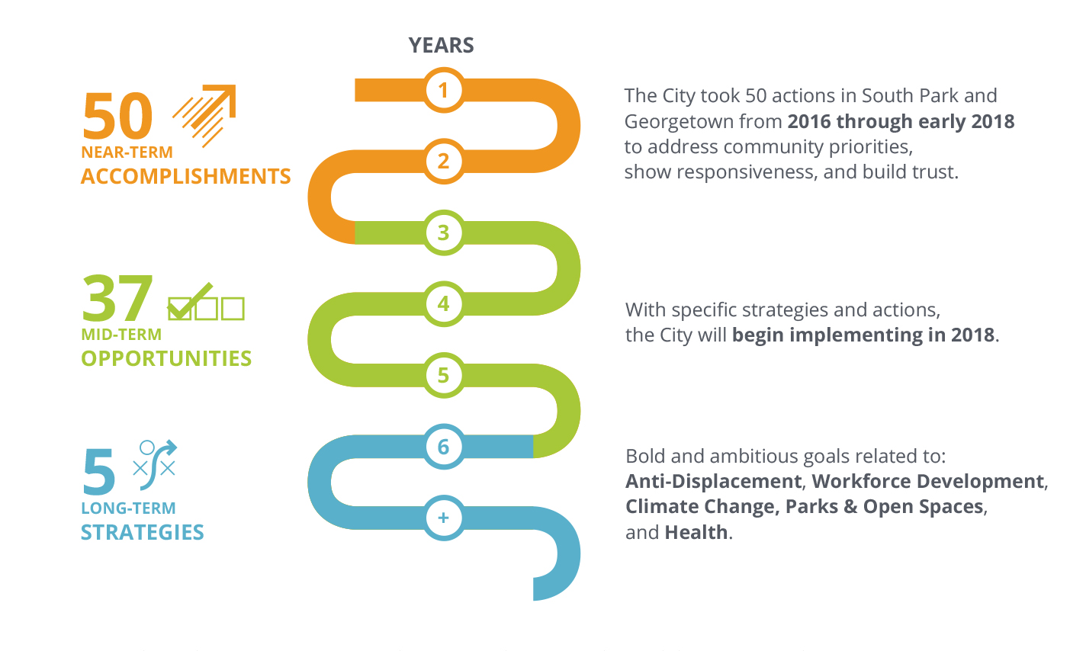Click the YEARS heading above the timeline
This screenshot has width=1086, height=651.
pos(441,46)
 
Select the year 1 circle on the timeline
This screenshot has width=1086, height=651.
pos(443,90)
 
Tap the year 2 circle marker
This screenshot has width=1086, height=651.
pos(443,162)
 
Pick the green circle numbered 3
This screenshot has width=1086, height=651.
pos(443,232)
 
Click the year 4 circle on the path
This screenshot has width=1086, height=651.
pos(443,304)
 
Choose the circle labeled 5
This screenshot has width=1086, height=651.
pos(443,375)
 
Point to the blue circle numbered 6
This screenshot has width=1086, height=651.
pos(443,447)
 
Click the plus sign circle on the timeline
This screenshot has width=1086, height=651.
pos(443,518)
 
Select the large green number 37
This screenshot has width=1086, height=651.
pos(117,297)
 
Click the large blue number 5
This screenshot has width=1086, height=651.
pos(99,470)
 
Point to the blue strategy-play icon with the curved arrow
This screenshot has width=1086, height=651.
pos(155,465)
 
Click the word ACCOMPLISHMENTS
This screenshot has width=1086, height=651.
pos(185,176)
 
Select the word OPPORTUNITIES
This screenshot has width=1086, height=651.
pos(166,359)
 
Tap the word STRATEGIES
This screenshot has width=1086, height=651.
pos(143,532)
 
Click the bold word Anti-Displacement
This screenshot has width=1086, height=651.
pos(713,481)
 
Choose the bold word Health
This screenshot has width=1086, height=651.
pos(696,532)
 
